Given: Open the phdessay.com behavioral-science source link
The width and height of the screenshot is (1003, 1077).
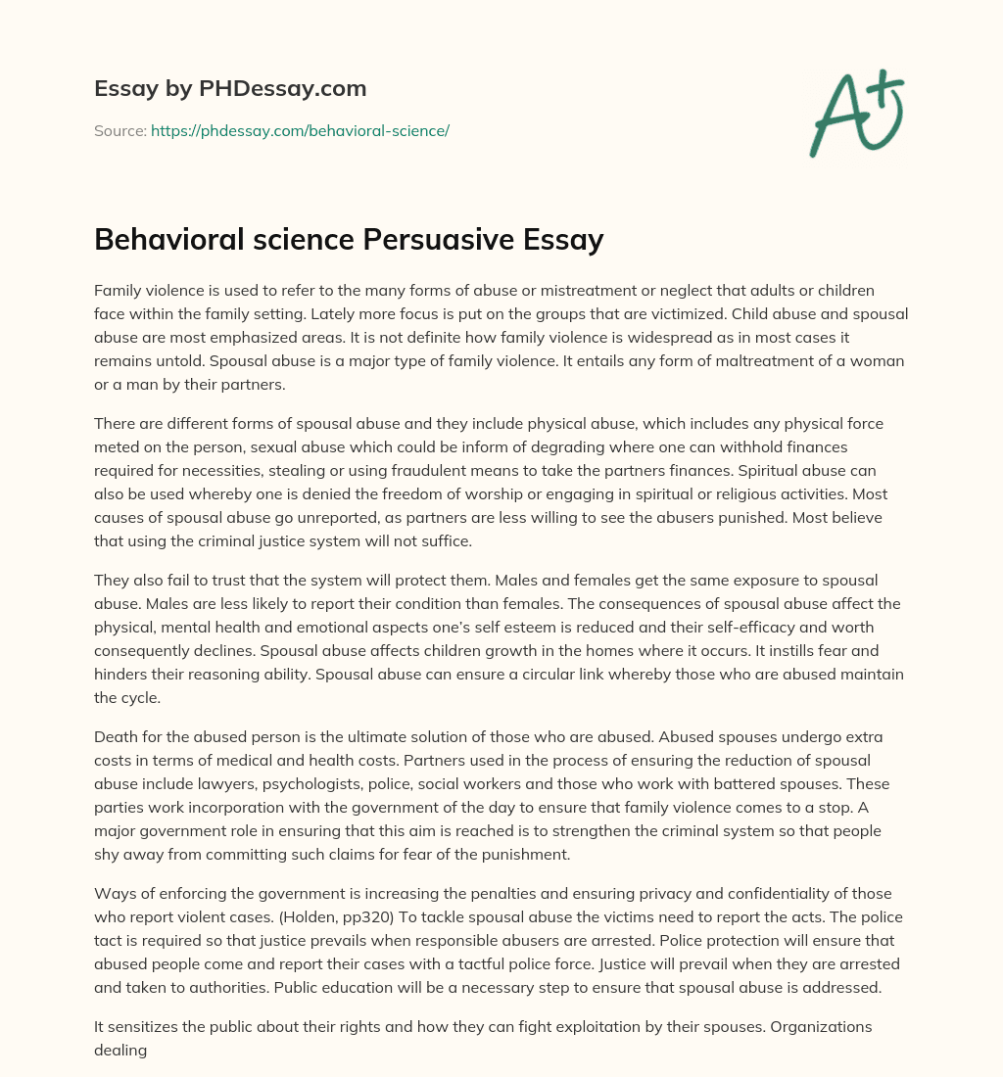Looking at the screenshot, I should (300, 130).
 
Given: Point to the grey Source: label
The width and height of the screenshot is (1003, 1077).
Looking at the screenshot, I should (119, 130).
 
